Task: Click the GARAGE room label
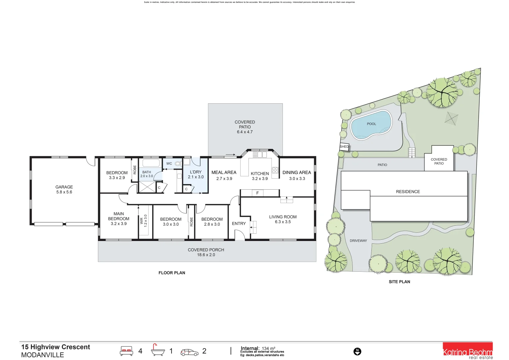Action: coord(64,187)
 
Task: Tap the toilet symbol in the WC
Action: coord(178,164)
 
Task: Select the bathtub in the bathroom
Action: coord(151,163)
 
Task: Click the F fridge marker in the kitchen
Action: coord(257,193)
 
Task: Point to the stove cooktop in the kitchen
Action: coord(275,170)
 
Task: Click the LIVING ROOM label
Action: coord(283,217)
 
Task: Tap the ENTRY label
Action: coord(239,224)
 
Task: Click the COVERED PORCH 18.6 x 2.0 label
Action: coord(206,252)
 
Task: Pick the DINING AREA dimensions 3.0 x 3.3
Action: coord(297,179)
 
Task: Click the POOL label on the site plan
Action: coord(371,124)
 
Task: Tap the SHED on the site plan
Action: coord(344,147)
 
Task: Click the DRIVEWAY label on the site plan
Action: coord(358,241)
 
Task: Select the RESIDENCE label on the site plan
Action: coord(408,192)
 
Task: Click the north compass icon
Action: coord(357,351)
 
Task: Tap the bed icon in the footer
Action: coord(126,351)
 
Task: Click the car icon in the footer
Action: coord(189,352)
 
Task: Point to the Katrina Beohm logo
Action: coord(467,351)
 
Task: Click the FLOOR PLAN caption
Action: coord(172,273)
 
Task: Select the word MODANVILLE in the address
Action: coord(42,355)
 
